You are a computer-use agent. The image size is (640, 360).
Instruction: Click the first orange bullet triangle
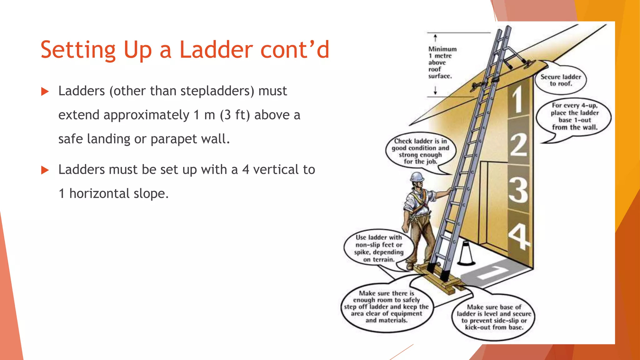click(x=45, y=92)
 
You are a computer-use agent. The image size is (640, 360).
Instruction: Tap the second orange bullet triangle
click(x=45, y=170)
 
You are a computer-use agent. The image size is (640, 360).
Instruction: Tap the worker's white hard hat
click(x=417, y=177)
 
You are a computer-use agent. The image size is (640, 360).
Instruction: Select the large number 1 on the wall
click(x=518, y=99)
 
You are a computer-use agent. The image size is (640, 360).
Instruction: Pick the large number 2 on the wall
click(x=518, y=145)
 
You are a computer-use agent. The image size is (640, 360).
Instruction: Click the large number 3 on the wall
click(x=518, y=190)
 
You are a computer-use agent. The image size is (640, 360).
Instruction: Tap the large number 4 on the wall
click(x=519, y=236)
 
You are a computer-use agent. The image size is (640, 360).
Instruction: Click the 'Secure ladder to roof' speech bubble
click(x=561, y=80)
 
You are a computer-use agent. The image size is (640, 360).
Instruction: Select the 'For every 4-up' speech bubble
click(x=574, y=117)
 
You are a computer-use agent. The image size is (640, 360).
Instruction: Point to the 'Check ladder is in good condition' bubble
click(x=420, y=152)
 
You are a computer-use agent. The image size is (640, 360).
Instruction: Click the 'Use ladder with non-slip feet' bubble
click(x=378, y=248)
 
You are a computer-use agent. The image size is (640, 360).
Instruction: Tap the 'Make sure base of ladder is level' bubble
click(x=494, y=317)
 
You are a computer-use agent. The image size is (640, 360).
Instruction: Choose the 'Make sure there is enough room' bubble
click(x=387, y=307)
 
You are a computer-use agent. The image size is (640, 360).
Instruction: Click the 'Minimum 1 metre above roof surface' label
click(x=440, y=62)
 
